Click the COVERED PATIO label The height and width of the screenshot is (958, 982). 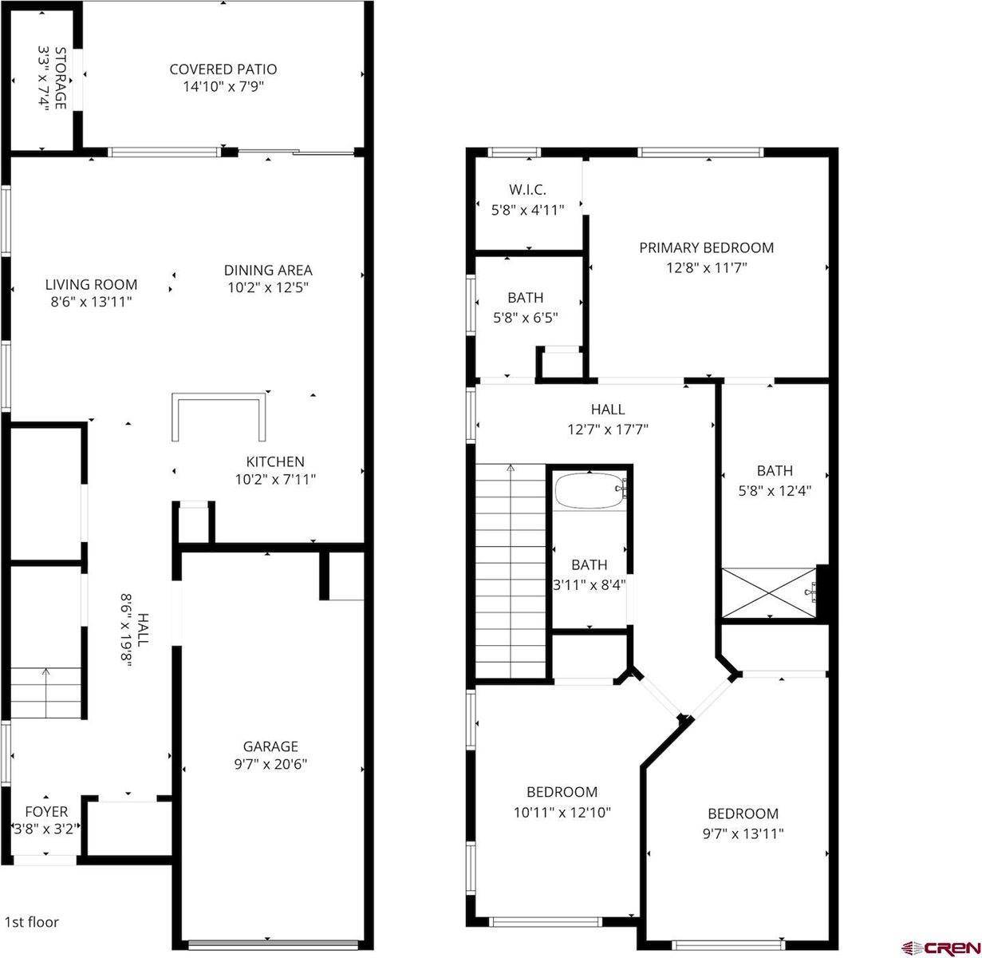click(x=223, y=69)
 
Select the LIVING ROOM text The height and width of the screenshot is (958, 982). click(x=91, y=284)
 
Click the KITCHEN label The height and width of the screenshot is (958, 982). click(x=274, y=461)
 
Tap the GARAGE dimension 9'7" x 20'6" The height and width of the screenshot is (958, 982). click(x=270, y=764)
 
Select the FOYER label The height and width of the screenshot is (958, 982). click(x=46, y=812)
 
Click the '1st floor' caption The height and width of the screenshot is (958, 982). click(x=32, y=922)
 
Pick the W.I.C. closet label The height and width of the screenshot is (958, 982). click(x=527, y=190)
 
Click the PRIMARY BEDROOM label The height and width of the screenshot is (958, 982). click(x=706, y=247)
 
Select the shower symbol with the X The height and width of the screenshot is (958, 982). click(x=770, y=592)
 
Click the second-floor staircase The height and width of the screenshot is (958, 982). click(x=511, y=571)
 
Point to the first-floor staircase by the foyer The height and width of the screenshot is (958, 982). click(x=45, y=693)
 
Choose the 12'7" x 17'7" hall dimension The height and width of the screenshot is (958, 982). click(x=608, y=430)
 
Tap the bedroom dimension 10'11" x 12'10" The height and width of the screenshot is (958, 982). click(x=562, y=813)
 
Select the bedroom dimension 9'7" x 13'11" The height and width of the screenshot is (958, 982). click(x=743, y=834)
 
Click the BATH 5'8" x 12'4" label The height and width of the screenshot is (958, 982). click(x=775, y=481)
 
